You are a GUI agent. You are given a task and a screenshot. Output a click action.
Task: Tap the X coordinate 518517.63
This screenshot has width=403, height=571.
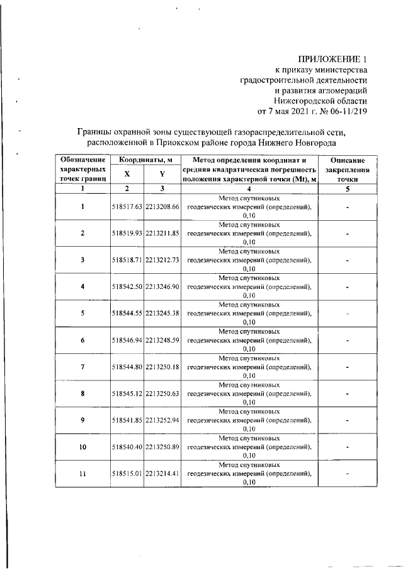click(127, 206)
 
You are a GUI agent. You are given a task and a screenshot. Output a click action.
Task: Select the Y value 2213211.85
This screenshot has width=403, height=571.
click(163, 233)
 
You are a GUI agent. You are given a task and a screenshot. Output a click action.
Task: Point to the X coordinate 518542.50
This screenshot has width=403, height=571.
click(127, 286)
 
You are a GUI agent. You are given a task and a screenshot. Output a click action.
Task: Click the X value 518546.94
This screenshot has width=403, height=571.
click(127, 340)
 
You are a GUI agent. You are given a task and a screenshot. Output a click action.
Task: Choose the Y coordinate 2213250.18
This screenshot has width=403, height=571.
click(163, 367)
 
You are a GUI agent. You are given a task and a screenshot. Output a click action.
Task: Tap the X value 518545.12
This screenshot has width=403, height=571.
click(127, 394)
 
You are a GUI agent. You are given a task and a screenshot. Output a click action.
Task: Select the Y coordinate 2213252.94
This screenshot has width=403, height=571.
click(163, 420)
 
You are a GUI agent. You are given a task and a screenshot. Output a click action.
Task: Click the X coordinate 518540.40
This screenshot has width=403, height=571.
click(127, 447)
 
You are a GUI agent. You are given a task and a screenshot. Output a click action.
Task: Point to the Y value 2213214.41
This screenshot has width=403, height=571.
click(163, 474)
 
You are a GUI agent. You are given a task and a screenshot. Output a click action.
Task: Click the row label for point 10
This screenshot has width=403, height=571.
click(82, 447)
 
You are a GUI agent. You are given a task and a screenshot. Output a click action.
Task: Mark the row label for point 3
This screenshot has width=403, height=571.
click(82, 260)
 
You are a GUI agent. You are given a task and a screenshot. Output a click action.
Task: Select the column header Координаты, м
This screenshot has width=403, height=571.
click(145, 161)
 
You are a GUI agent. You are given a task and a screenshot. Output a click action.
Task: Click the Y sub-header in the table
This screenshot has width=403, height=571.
click(162, 175)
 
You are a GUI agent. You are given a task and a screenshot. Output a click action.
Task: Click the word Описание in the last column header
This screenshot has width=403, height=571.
click(347, 161)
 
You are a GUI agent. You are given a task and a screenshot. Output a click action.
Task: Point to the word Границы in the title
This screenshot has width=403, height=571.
click(95, 132)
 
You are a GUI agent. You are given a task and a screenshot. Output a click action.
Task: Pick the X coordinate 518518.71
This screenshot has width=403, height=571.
click(127, 260)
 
